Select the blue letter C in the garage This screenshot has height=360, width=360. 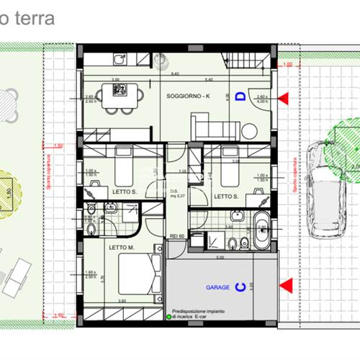point(241,287)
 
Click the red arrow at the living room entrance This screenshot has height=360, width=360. point(285,96)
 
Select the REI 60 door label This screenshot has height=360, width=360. point(177,236)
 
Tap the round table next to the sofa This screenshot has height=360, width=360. point(248,131)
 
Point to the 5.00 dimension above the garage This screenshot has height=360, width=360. point(220,256)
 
